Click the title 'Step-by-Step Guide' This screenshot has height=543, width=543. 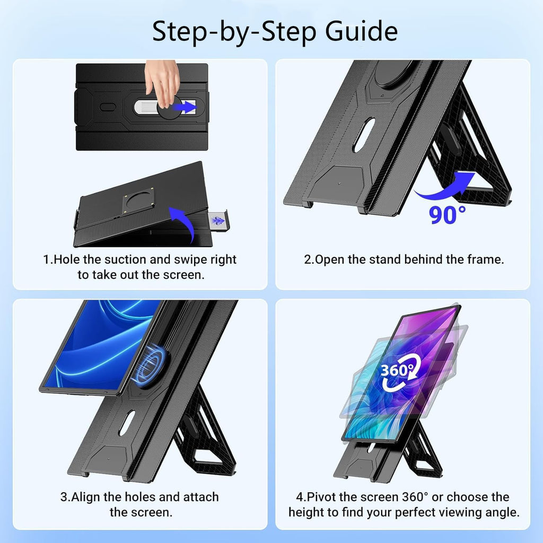pos(275,31)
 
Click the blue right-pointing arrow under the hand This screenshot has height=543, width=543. pos(186,108)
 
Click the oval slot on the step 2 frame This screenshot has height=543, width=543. pos(364,135)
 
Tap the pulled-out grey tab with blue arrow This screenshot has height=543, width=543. pos(218,220)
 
